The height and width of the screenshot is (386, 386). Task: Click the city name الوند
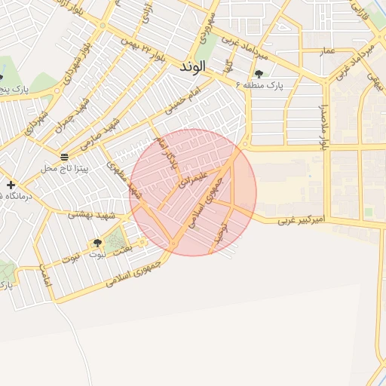193,67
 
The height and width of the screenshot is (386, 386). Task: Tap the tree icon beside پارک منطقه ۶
259,74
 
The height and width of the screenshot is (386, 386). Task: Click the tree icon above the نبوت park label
96,243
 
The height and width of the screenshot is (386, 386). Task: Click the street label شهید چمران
78,112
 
